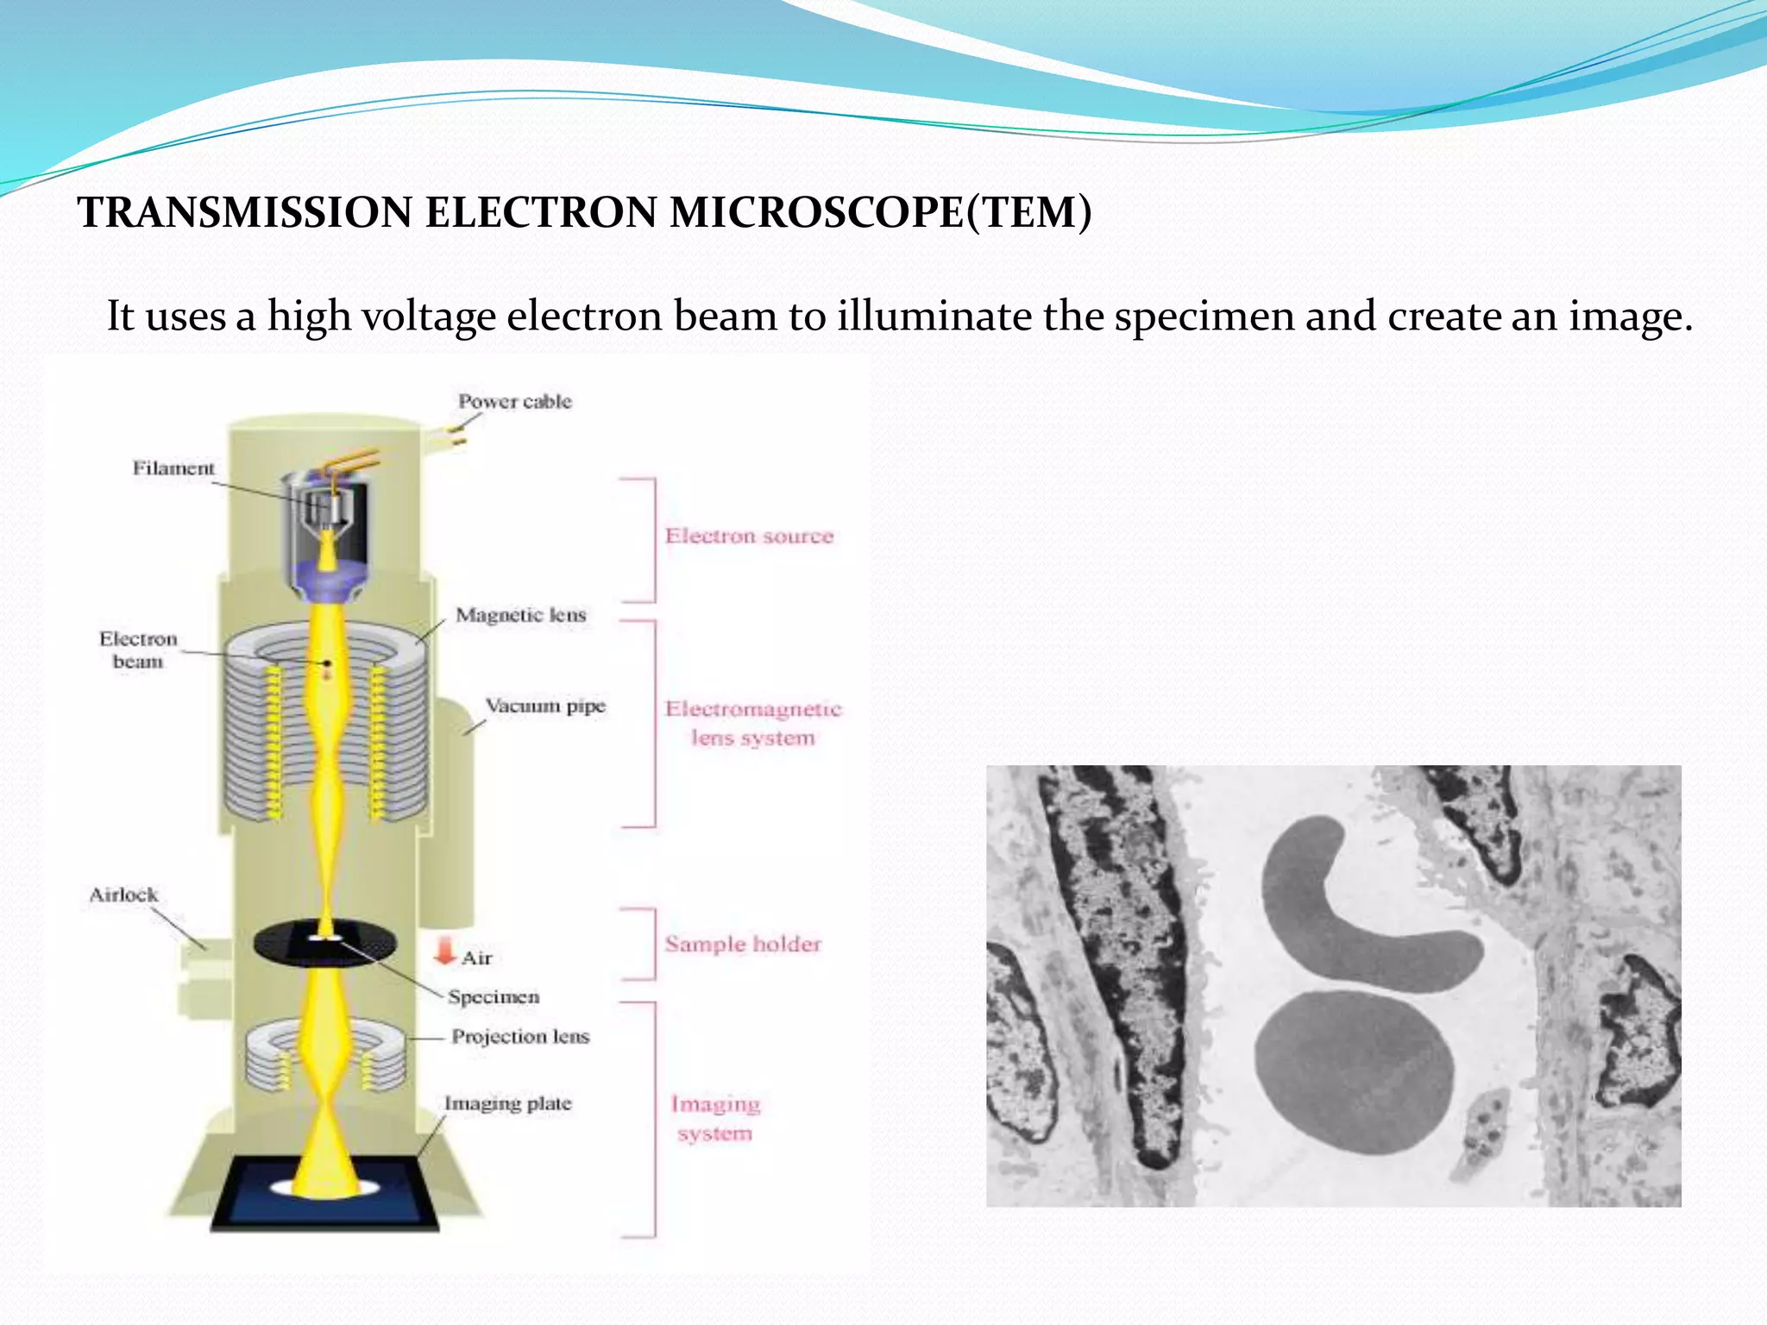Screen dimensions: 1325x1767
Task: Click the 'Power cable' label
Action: click(x=514, y=401)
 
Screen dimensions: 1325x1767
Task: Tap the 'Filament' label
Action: click(x=173, y=468)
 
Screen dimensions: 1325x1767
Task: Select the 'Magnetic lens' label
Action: click(x=520, y=615)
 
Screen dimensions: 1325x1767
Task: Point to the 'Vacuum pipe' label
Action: click(x=544, y=706)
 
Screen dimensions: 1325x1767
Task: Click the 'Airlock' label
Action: click(x=123, y=895)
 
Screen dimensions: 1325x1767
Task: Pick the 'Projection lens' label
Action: click(x=519, y=1036)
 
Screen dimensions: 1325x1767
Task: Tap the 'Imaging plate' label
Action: click(x=507, y=1103)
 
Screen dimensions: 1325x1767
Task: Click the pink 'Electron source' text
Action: click(x=749, y=536)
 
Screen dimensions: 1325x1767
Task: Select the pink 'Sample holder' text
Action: click(x=742, y=944)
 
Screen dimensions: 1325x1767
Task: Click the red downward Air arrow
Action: click(x=444, y=951)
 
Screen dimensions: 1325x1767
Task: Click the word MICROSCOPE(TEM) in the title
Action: click(x=880, y=212)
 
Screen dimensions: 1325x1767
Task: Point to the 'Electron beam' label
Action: click(x=137, y=650)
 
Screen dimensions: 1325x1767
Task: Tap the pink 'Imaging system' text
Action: click(x=714, y=1118)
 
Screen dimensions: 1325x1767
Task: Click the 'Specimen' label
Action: click(x=493, y=997)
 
